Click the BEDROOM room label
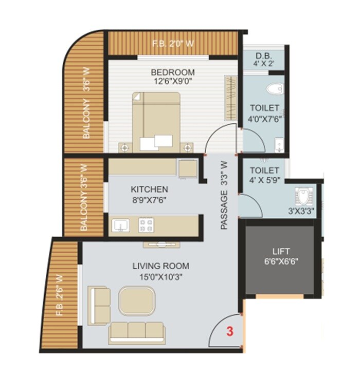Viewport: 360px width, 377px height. (172, 71)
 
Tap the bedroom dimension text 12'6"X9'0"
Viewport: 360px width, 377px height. (172, 81)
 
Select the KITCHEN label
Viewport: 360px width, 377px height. (149, 189)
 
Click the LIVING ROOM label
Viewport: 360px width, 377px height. (160, 266)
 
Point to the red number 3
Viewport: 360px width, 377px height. (230, 332)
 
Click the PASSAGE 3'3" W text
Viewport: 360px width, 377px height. (224, 196)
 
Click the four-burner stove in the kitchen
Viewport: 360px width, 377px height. (146, 224)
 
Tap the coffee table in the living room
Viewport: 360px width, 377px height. (137, 300)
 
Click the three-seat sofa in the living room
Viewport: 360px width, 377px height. (136, 332)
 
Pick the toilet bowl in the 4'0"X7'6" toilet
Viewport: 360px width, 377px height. (275, 88)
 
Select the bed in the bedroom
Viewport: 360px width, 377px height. (156, 121)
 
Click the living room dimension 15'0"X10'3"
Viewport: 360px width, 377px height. (160, 276)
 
